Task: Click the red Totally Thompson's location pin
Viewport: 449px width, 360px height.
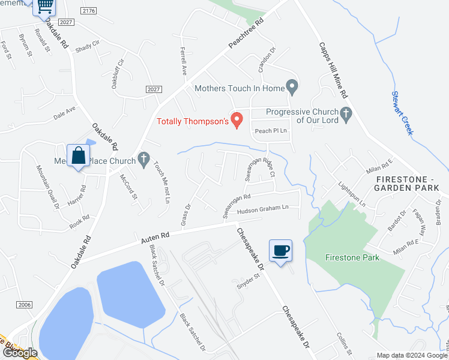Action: [x=237, y=119]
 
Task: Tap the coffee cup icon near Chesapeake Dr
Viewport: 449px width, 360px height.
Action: [x=280, y=250]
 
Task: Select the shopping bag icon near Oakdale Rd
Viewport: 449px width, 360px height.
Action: [x=79, y=156]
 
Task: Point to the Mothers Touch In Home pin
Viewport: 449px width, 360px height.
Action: [x=292, y=88]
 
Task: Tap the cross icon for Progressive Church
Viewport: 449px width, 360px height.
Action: [x=345, y=112]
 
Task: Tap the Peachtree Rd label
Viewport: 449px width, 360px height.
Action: [x=247, y=37]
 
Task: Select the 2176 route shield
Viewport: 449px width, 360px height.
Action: [x=89, y=10]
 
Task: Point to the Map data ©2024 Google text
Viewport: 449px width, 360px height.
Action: [x=412, y=355]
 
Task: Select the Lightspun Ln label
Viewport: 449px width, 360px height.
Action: [x=352, y=194]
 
